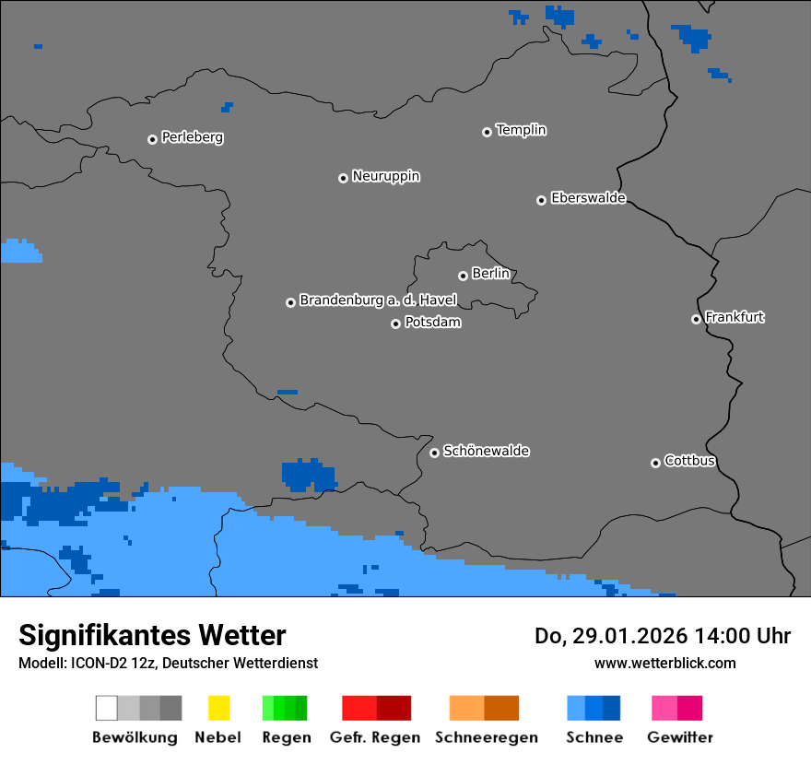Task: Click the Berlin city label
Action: (490, 274)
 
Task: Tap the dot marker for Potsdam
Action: (395, 324)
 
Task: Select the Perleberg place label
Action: (192, 137)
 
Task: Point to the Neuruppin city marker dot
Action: (343, 178)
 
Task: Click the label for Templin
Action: (521, 130)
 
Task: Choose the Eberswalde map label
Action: (588, 198)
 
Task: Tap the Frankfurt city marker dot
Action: (696, 320)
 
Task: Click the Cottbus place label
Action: (689, 461)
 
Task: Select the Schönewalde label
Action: (486, 452)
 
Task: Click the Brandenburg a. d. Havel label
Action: (378, 300)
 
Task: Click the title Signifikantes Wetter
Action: (152, 635)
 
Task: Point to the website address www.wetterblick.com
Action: (664, 663)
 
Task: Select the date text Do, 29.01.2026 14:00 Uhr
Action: (662, 636)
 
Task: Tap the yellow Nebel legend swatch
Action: (218, 708)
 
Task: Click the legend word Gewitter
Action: (679, 737)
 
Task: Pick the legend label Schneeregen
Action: (486, 737)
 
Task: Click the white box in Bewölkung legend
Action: (107, 708)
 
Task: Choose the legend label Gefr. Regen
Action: (375, 737)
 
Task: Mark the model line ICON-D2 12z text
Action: (168, 663)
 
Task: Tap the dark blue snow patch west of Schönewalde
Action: (306, 475)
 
